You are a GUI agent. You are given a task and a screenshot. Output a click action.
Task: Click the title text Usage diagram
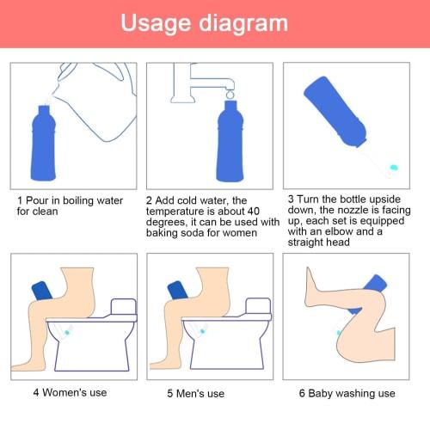click(215, 23)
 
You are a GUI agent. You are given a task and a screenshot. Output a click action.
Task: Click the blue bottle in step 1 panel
click(49, 142)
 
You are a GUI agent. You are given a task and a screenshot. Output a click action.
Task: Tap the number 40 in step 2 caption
click(264, 211)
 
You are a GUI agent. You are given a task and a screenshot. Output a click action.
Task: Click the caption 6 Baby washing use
click(347, 394)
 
